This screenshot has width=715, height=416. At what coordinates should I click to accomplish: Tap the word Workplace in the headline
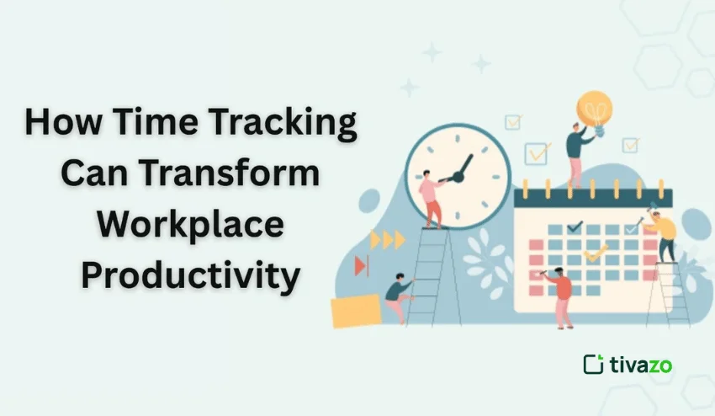coord(191,226)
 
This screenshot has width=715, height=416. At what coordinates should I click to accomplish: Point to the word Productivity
coord(191,276)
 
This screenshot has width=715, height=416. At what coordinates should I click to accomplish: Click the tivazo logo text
coord(641,365)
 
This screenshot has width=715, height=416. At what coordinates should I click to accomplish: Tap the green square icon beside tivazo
coord(593,364)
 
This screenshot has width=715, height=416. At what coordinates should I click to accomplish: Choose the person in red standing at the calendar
coord(561,296)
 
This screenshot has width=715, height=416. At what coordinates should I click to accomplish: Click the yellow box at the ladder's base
coord(356,311)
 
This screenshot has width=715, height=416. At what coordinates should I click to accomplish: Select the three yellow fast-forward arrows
coord(388,240)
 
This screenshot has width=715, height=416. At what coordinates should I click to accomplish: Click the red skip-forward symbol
coord(362,265)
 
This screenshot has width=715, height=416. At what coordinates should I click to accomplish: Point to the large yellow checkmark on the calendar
coord(596,253)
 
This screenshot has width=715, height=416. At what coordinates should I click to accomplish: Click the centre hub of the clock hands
coord(458,177)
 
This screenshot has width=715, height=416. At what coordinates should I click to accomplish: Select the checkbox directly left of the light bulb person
coord(538,153)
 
